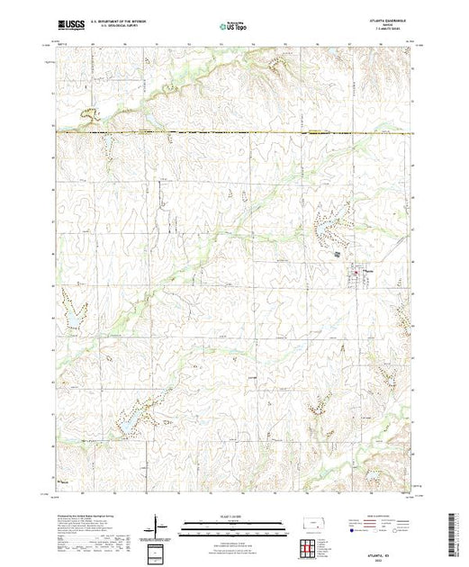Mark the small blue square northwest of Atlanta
338,256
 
